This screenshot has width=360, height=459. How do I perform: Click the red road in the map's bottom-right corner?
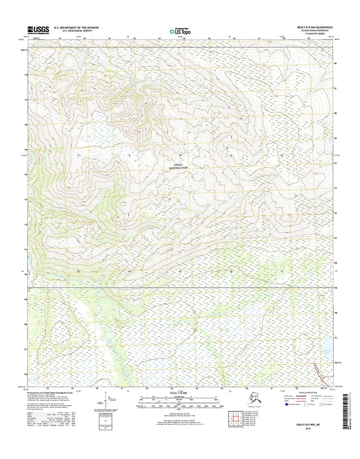coord(317,371)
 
